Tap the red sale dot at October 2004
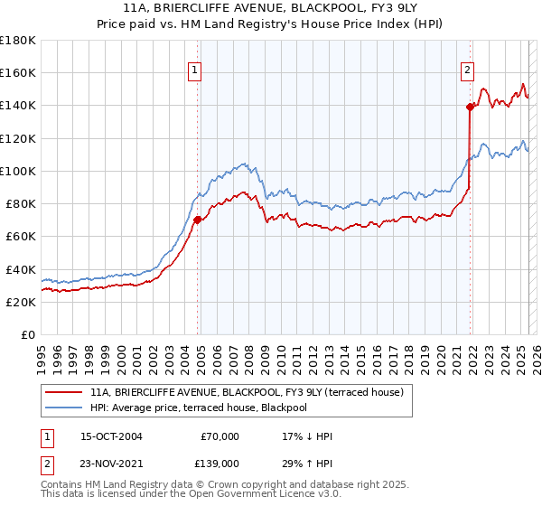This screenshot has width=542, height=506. click(x=197, y=219)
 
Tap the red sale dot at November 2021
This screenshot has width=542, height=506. click(x=470, y=107)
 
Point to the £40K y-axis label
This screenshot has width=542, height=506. click(x=20, y=269)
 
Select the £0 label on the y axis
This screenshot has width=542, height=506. click(x=29, y=335)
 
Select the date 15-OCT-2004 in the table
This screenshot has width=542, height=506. click(x=111, y=436)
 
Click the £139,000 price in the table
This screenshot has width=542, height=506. click(x=219, y=464)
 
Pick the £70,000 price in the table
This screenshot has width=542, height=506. click(x=220, y=436)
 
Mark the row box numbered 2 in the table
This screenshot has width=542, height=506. click(x=47, y=464)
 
